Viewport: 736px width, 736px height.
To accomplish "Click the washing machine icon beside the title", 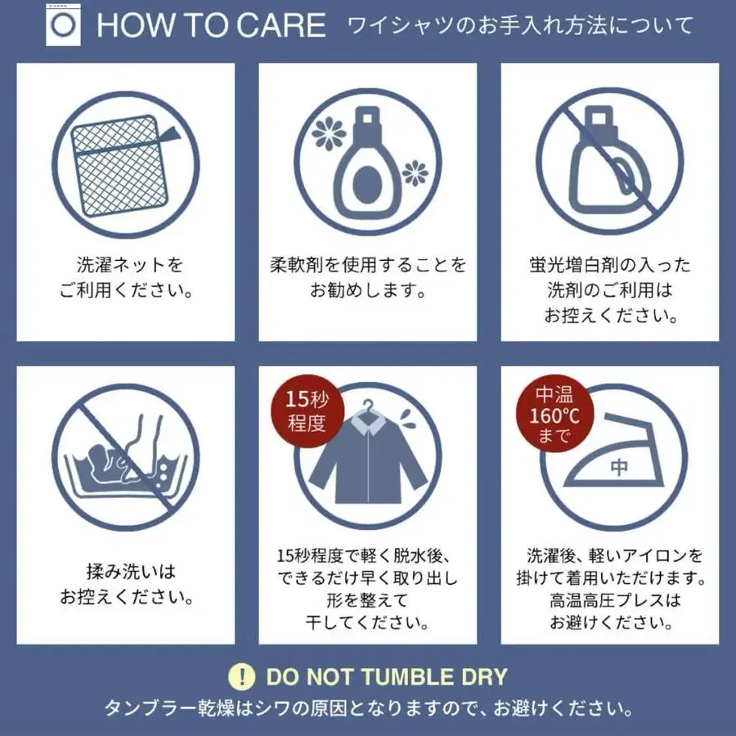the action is (63, 25).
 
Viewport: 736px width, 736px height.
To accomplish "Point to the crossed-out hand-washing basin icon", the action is (125, 458).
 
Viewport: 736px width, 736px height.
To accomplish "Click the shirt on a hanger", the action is (369, 462).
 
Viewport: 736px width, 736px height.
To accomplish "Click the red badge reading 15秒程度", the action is (307, 411).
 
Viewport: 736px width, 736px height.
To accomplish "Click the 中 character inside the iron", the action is (619, 468).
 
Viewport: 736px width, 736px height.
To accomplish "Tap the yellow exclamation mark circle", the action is (242, 677).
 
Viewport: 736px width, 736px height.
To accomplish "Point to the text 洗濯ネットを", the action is (129, 265).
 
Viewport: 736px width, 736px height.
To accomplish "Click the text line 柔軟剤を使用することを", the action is (368, 265).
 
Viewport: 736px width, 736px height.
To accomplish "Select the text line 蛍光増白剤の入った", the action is (610, 265).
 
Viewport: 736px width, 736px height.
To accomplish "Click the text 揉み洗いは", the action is (131, 572).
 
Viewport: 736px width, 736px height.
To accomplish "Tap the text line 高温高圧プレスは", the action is (615, 600).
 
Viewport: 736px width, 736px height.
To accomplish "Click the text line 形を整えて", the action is (367, 600).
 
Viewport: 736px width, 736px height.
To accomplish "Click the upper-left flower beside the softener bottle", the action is (330, 132).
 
